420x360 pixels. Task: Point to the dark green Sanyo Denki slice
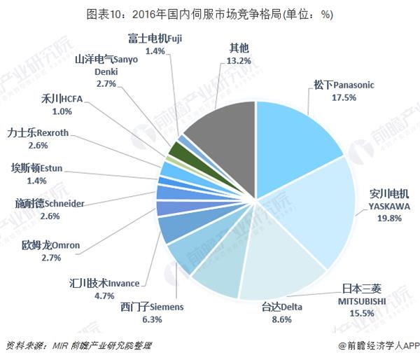click(177, 148)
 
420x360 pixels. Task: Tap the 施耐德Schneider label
click(50, 202)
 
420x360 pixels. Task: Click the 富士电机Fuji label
click(155, 38)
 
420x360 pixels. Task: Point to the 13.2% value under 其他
click(241, 60)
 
